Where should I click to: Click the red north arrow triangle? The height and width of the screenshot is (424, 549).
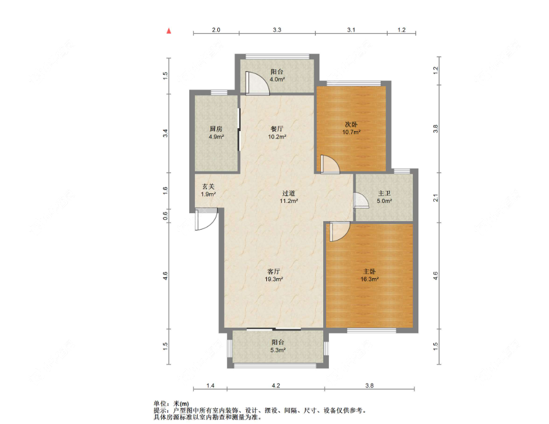tap(169, 31)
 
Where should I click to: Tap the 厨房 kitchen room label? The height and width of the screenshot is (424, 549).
tap(216, 129)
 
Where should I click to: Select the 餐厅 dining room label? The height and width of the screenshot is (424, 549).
tap(277, 129)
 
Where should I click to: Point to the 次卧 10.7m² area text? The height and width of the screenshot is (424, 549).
tap(352, 132)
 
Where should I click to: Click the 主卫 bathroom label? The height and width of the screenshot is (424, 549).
tap(384, 193)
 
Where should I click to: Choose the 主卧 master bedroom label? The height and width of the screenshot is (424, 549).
tap(369, 271)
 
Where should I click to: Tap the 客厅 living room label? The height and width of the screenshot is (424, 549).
tap(274, 271)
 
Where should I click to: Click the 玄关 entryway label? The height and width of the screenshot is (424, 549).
tap(208, 186)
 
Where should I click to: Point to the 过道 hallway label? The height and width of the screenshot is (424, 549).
tap(288, 193)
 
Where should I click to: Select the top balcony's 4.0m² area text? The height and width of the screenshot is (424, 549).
tap(277, 79)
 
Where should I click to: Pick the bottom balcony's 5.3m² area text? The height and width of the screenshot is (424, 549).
tap(278, 350)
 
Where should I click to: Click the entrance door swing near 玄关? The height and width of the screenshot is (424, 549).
tap(206, 219)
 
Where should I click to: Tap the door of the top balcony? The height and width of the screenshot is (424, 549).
tap(257, 83)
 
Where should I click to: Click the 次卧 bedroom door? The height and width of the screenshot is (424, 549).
tap(330, 164)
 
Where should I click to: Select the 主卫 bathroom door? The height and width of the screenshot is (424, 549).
tap(361, 201)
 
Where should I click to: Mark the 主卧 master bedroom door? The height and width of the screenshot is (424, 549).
tap(340, 231)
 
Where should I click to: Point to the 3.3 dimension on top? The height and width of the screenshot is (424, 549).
tap(277, 30)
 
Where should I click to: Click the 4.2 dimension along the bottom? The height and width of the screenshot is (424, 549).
tap(276, 385)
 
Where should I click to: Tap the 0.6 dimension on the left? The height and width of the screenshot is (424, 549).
tap(165, 215)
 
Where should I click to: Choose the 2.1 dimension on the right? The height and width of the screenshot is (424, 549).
tap(436, 198)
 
